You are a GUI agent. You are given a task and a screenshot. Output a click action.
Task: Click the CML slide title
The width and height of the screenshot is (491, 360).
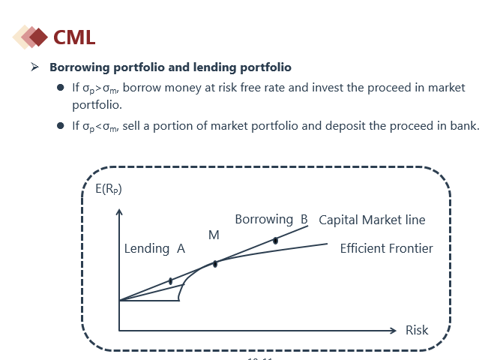click(x=74, y=37)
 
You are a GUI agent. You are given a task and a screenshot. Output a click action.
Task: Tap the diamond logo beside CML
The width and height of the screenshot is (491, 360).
click(x=30, y=37)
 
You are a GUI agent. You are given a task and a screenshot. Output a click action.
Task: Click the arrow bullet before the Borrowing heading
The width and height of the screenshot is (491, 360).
click(x=34, y=67)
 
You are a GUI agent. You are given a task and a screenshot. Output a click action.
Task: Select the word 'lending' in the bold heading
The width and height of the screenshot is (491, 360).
click(x=214, y=67)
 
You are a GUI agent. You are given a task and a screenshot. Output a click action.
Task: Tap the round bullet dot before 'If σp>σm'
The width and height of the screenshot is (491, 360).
click(x=61, y=88)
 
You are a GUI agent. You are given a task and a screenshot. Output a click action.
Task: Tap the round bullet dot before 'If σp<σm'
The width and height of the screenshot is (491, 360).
click(x=61, y=126)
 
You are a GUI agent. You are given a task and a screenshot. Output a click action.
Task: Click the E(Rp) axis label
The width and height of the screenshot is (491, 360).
click(x=109, y=189)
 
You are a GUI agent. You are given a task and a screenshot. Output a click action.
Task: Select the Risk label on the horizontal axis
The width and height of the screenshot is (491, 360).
click(x=417, y=330)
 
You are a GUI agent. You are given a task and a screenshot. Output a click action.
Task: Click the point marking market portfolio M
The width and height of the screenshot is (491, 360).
click(x=215, y=264)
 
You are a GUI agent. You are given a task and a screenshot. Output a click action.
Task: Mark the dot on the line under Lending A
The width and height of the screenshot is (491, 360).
click(x=170, y=281)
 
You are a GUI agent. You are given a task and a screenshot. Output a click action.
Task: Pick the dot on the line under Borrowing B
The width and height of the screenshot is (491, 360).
click(x=275, y=241)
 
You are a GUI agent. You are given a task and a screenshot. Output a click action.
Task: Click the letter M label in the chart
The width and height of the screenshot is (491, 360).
click(x=214, y=235)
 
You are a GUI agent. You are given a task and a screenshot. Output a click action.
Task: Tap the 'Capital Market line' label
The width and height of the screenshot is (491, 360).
click(x=372, y=220)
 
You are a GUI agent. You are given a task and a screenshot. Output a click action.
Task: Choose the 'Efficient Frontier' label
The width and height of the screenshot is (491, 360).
click(x=386, y=248)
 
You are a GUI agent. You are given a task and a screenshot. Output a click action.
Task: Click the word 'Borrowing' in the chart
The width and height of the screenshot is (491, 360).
click(x=264, y=220)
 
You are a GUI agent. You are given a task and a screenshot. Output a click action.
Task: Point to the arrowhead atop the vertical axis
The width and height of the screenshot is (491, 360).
click(x=119, y=211)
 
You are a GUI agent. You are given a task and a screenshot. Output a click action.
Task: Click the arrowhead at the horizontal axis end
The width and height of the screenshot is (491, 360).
click(x=394, y=331)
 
